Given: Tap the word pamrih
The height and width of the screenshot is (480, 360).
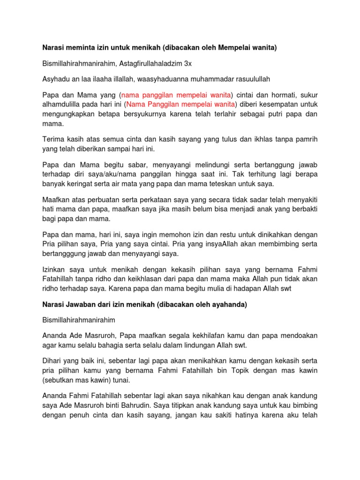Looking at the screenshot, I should [x=307, y=139].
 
